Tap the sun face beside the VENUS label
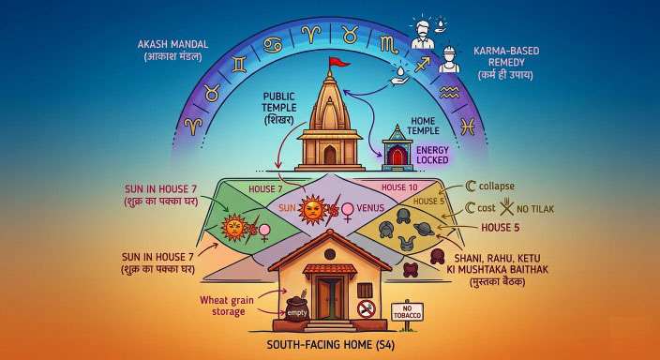click(309, 206)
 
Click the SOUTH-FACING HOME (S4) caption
click(330, 348)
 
